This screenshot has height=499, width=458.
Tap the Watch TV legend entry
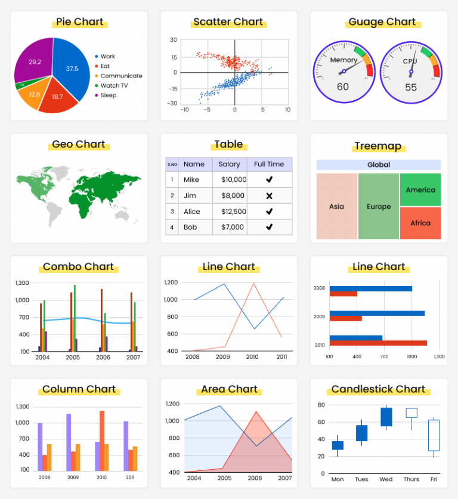114,85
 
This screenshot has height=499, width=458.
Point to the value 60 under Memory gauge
343,87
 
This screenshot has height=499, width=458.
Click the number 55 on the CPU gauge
411,87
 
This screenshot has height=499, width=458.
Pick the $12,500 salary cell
233,211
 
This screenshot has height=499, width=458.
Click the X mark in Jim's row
269,196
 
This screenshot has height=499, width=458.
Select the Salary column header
229,164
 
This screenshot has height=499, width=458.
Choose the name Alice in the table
192,211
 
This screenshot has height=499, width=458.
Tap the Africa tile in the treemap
420,223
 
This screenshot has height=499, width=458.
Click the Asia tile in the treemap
336,206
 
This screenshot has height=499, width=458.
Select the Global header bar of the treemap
379,165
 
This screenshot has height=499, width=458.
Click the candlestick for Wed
386,417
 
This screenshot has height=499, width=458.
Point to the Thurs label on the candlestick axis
411,479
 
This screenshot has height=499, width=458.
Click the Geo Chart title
79,144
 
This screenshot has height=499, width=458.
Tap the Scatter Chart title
228,22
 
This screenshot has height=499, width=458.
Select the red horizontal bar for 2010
378,343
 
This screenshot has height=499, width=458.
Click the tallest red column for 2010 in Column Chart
102,441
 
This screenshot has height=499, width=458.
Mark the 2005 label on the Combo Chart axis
73,357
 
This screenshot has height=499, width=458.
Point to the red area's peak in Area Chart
256,412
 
